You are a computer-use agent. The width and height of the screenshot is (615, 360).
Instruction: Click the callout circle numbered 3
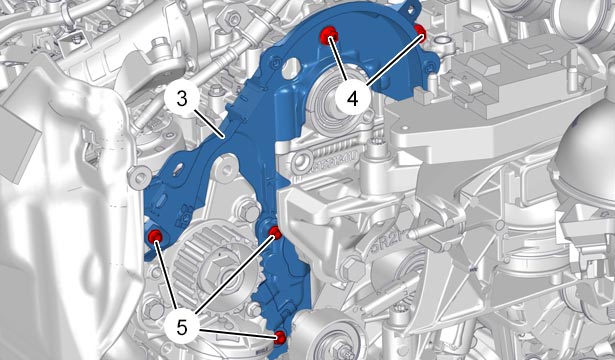pos(182,99)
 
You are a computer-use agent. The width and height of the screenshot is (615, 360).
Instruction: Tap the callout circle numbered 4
pos(353,98)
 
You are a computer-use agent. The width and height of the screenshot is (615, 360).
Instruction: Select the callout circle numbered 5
pos(182,328)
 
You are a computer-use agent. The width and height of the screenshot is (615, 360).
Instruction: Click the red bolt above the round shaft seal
pos(329,35)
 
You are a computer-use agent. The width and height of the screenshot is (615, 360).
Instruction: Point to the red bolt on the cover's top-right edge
pos(420,30)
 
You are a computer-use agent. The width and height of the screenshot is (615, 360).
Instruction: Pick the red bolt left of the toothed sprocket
pos(156,236)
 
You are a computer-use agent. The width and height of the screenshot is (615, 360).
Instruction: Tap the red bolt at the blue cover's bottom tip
pos(280,337)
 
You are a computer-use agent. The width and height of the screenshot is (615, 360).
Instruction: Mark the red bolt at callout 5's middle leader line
pos(275,233)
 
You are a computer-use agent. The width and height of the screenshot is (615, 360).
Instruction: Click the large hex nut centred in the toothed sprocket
pos(215,271)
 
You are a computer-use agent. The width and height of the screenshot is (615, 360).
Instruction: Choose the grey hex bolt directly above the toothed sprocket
pos(248,210)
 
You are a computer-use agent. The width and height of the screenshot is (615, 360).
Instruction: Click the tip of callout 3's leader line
pos(223,137)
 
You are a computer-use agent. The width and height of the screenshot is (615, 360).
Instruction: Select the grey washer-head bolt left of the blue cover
pos(140,178)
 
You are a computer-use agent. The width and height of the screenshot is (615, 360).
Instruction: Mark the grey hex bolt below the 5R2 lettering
pos(353,269)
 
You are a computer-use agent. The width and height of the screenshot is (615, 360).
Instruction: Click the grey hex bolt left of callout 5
pos(153,309)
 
